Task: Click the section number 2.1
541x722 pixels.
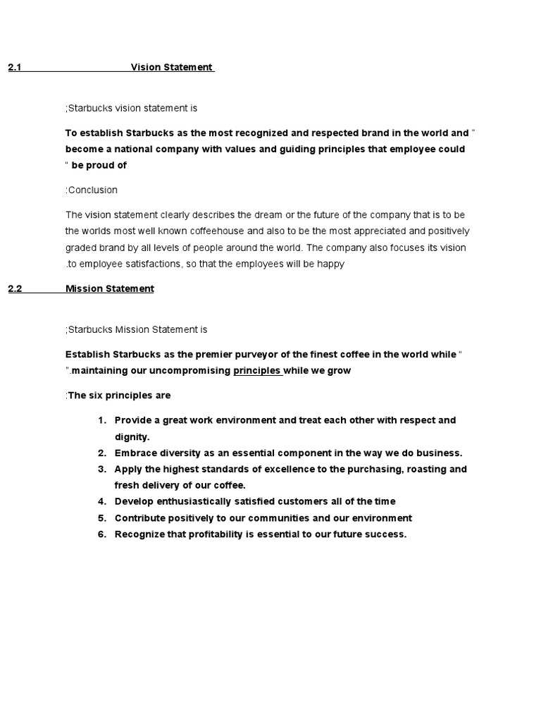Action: point(15,68)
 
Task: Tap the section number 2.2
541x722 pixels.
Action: point(15,289)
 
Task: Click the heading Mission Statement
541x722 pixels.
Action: point(109,289)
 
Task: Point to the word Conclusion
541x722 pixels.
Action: point(92,190)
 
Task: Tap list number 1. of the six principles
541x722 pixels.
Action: point(102,420)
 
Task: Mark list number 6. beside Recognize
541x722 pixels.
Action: point(102,534)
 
